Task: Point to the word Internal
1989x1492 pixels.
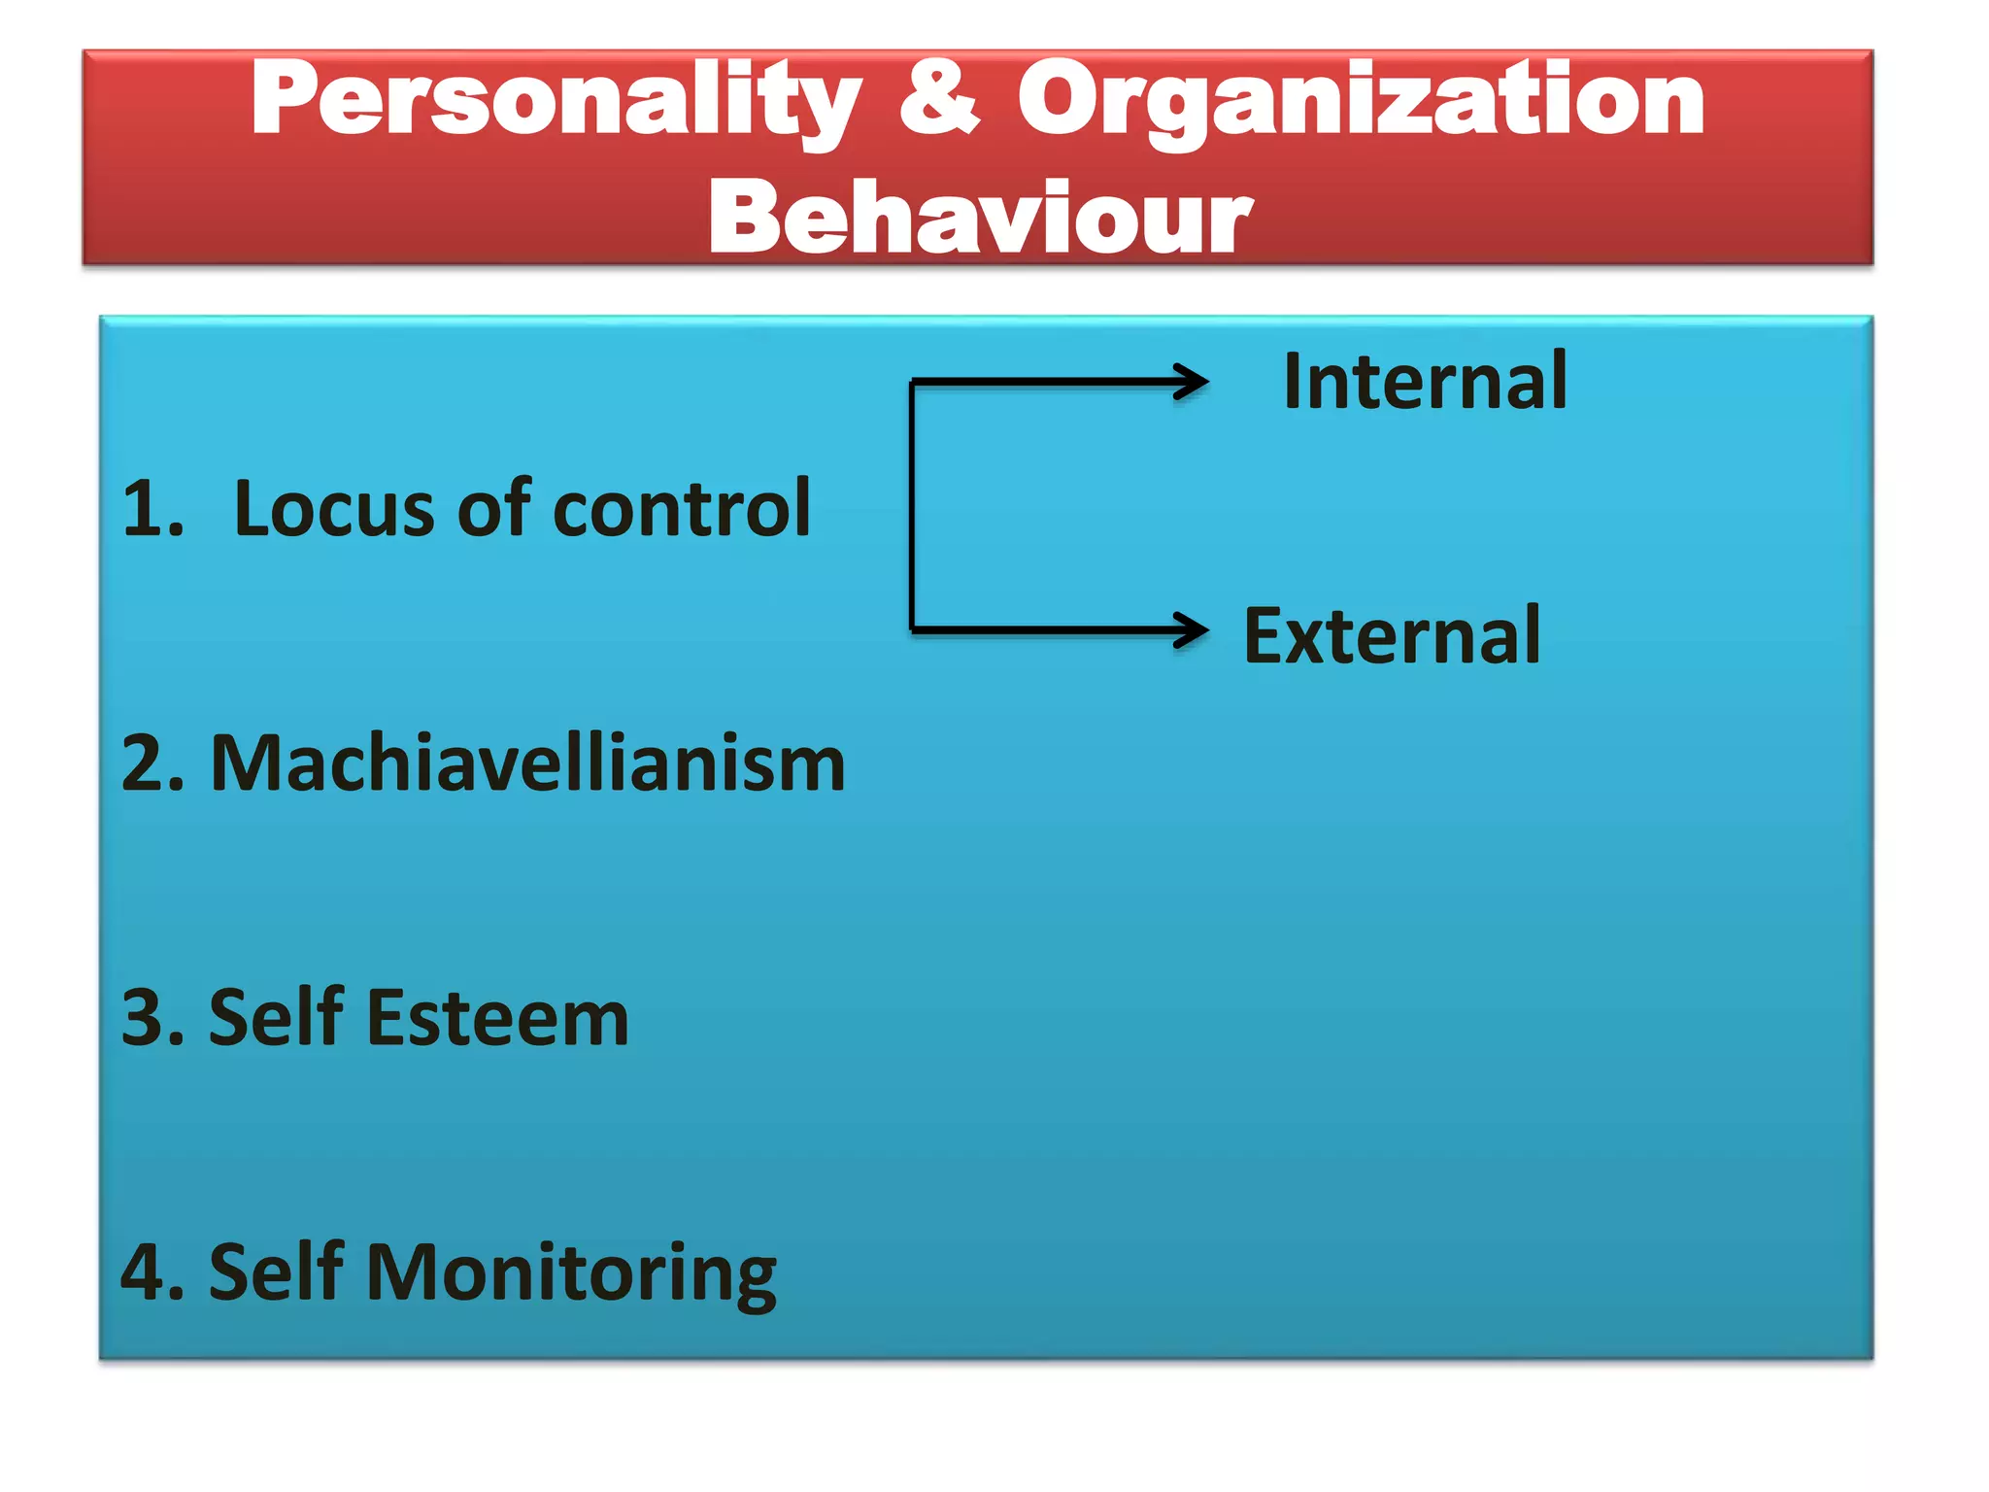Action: tap(1425, 382)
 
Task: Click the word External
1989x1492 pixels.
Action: tap(1392, 636)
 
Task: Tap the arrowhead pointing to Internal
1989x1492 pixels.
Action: tap(1193, 382)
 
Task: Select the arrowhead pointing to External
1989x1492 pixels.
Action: tap(1193, 629)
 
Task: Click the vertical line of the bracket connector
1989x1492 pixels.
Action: tap(912, 505)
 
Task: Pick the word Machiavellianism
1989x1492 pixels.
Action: tap(527, 764)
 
